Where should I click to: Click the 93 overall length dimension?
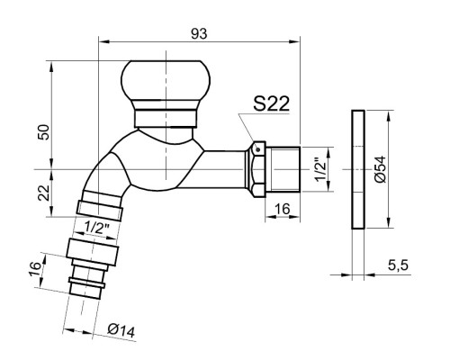199,34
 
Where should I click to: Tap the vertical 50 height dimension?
43,131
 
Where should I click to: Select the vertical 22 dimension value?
43,193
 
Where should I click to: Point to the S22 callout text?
271,103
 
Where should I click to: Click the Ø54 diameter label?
380,169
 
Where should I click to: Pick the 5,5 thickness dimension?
398,265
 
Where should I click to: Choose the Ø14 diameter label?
121,330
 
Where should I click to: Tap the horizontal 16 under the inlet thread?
283,209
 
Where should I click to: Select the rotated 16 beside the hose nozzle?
35,269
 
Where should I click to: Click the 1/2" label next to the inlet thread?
319,171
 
